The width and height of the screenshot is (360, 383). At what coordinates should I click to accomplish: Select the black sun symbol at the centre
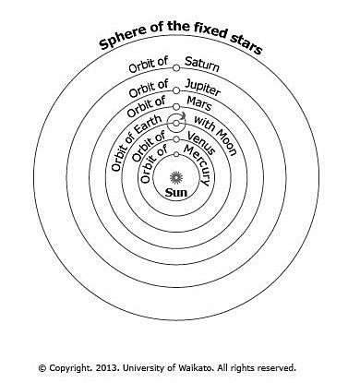pos(176,174)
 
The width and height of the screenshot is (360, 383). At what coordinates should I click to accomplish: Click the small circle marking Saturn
pos(176,63)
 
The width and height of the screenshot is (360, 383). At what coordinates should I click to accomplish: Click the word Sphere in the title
pos(115,46)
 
